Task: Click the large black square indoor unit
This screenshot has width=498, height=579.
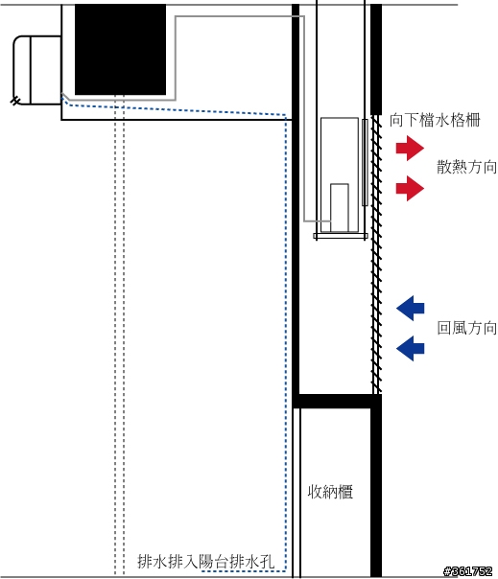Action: tap(120, 50)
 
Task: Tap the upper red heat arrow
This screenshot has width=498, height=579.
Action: tap(410, 148)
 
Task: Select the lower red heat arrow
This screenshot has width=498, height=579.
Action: tap(410, 188)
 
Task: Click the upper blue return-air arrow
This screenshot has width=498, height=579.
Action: tap(410, 308)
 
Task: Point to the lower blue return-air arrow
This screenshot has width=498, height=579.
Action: tap(410, 348)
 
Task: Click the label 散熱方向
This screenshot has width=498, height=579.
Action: tap(466, 167)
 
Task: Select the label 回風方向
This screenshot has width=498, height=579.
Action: tap(466, 328)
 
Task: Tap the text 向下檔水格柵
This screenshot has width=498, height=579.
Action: tap(435, 121)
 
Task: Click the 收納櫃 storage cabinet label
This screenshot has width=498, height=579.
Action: tap(330, 492)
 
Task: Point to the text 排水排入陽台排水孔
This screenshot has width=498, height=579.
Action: tap(205, 562)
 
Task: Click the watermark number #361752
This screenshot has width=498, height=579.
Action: tap(468, 571)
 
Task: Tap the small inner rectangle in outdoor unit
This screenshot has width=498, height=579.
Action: tap(340, 207)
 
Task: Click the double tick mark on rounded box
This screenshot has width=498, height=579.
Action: tap(15, 101)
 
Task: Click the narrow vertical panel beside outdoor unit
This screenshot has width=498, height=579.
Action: tap(365, 162)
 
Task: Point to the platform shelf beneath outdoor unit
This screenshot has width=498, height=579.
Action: tap(340, 236)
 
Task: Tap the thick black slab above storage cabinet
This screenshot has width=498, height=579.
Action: tap(337, 401)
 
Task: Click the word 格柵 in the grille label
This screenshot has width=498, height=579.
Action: tap(465, 121)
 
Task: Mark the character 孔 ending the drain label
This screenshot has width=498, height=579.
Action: tap(267, 562)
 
